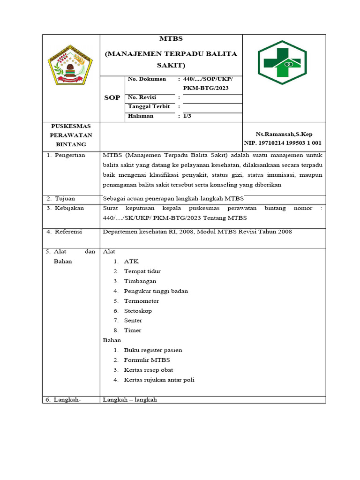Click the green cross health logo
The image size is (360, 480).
pos(282,63)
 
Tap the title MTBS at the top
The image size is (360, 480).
pos(171,39)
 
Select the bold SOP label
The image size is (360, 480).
pos(112,97)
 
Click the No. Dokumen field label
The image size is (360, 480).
pos(147,79)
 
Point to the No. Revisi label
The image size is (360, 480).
pos(142,97)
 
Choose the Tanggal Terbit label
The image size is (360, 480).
pos(149,106)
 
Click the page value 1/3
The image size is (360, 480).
pos(187,116)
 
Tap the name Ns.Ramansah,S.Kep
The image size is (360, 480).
pos(284,134)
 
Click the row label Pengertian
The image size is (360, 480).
pos(70,155)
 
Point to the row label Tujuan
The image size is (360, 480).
pos(65,198)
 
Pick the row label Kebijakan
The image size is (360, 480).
pos(69,208)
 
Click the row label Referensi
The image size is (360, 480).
pos(68,232)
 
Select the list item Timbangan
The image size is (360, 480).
pos(140,281)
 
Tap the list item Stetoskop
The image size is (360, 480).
pos(138,311)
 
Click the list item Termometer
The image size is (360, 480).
pos(141,301)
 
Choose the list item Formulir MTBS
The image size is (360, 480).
pos(147,360)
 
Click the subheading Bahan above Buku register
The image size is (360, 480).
pos(112,340)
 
